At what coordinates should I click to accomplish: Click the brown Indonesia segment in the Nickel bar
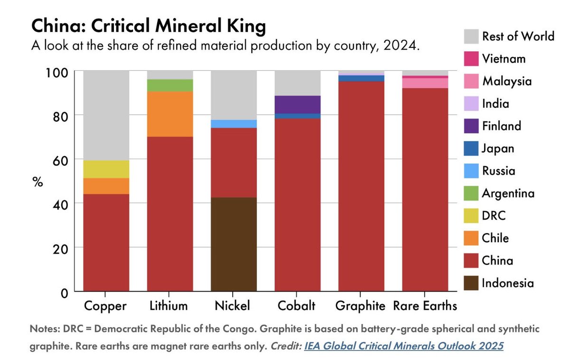coord(234,244)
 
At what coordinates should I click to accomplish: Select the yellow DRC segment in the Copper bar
coord(106,169)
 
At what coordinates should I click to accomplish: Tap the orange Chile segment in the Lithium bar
coord(170,114)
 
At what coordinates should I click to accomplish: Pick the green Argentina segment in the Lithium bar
coord(170,85)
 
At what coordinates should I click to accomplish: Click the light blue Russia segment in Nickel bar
coord(234,123)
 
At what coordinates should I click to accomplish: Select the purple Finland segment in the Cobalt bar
coord(297,104)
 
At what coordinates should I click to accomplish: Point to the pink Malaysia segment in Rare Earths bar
coord(425,83)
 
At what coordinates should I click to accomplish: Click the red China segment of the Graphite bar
coord(361,185)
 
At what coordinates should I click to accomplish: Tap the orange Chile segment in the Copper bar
coord(106,186)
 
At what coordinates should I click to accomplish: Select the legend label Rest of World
coord(518,36)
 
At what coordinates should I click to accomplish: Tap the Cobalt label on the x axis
coord(297,306)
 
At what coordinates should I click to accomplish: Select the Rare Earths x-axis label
coord(425,306)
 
